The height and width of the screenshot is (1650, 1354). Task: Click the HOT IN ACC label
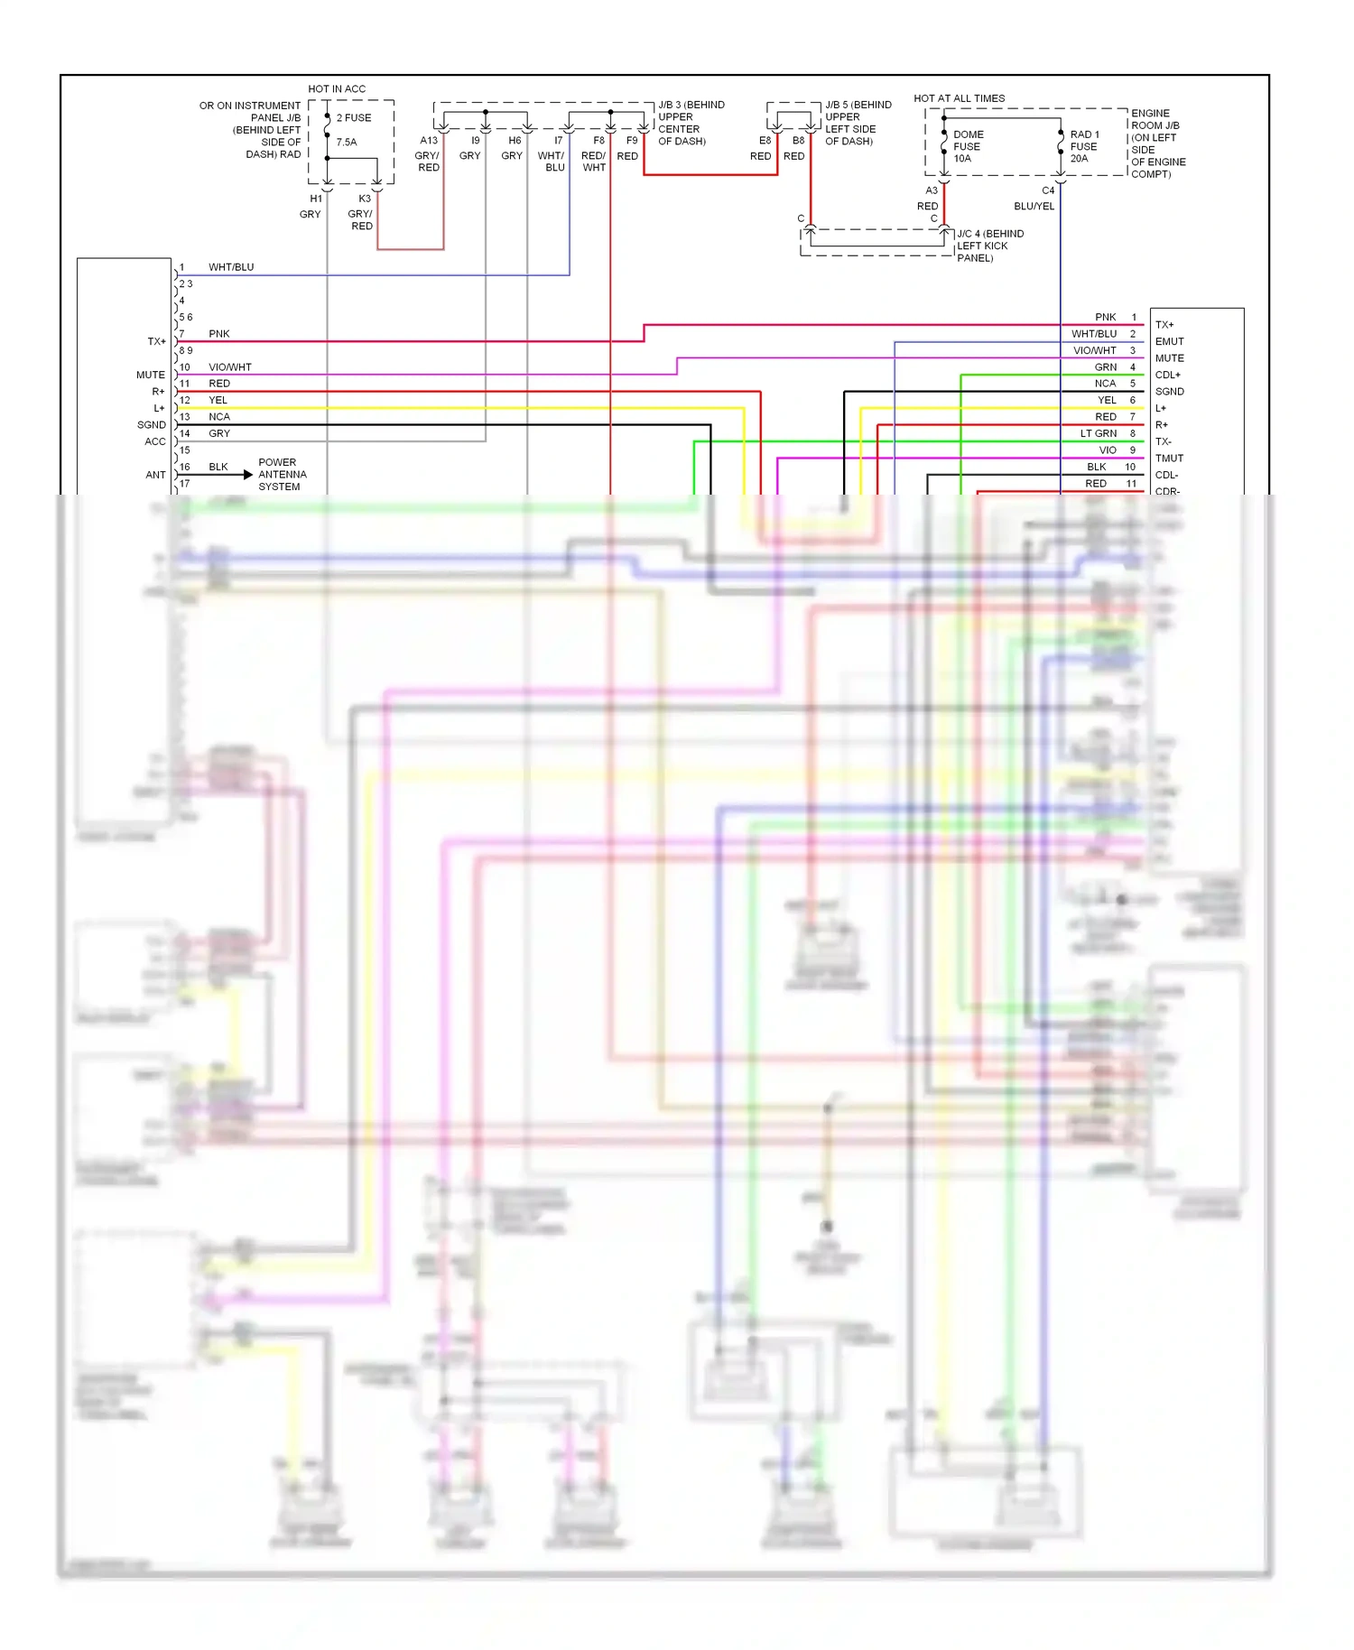click(337, 89)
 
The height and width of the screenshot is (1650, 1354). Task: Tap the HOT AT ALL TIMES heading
click(959, 98)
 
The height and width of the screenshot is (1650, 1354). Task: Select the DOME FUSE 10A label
click(968, 146)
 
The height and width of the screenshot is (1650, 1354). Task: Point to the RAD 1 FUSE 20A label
click(1084, 146)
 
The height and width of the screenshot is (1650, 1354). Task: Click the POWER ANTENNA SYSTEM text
click(282, 475)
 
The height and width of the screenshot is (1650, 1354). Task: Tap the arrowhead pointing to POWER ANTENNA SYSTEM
click(248, 475)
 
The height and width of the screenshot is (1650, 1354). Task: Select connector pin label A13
click(429, 141)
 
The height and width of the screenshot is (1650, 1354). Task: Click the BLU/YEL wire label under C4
click(1034, 207)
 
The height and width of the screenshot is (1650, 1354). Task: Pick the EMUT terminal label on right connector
click(1169, 342)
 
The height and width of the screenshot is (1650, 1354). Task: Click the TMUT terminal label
click(1169, 459)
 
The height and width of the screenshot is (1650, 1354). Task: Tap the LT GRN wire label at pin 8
click(1099, 434)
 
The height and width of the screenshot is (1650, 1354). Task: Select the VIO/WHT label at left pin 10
click(230, 367)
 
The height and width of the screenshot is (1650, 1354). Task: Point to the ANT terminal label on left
click(155, 475)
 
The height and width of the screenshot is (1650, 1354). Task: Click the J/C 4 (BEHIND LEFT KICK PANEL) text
click(989, 246)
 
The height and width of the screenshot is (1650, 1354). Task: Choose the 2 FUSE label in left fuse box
click(354, 118)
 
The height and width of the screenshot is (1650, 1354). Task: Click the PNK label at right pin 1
click(1105, 318)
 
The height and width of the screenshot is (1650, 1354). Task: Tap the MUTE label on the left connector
click(151, 375)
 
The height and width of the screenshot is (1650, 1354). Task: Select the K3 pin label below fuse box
click(365, 199)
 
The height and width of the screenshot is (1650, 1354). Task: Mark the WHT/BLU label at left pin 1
click(231, 268)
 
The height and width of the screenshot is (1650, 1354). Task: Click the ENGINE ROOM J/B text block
click(1158, 144)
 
